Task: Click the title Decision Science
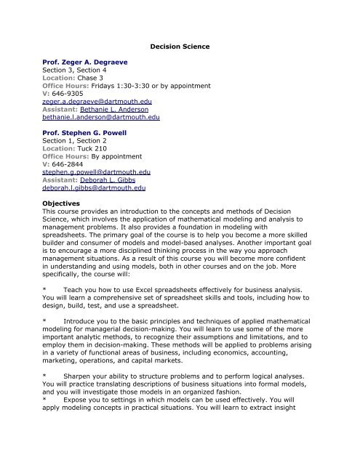(x=180, y=46)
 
